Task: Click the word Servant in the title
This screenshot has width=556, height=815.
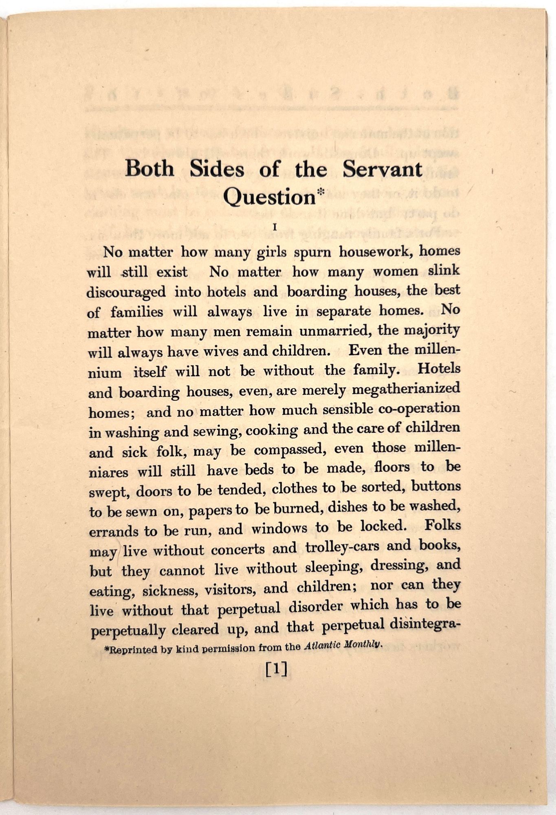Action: tap(382, 169)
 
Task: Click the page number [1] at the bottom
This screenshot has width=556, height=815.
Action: tap(276, 669)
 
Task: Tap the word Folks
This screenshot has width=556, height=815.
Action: tap(442, 525)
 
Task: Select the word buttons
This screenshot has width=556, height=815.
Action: tap(436, 487)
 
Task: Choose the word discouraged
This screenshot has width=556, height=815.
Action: tap(127, 292)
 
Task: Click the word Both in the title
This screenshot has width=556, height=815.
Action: tap(149, 169)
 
